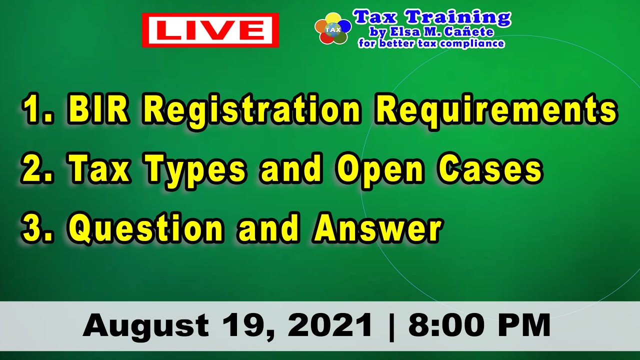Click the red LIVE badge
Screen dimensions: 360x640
[210, 30]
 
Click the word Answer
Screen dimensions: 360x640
[378, 228]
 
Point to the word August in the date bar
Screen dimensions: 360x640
[146, 325]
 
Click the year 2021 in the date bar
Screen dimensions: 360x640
[330, 325]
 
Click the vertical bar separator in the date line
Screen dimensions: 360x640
[390, 325]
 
